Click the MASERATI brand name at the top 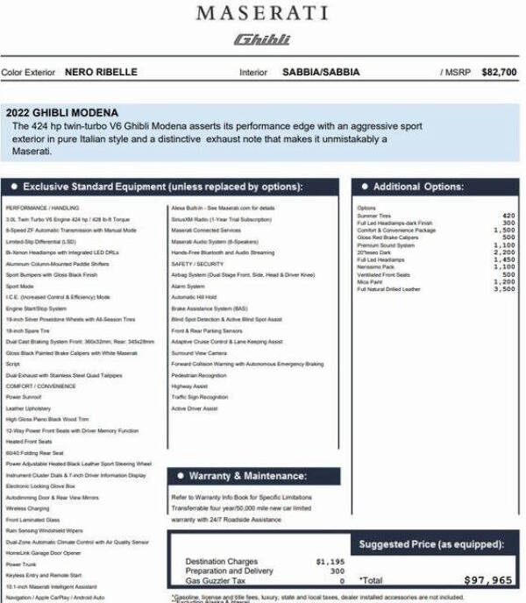point(262,13)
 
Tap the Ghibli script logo point(262,39)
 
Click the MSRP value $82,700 point(499,73)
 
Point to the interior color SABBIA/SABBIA point(320,73)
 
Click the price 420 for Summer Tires point(508,215)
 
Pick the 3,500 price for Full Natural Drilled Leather point(504,289)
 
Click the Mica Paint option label point(371,281)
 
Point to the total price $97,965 point(487,580)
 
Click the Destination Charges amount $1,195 point(330,561)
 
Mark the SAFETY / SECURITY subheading point(197,264)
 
